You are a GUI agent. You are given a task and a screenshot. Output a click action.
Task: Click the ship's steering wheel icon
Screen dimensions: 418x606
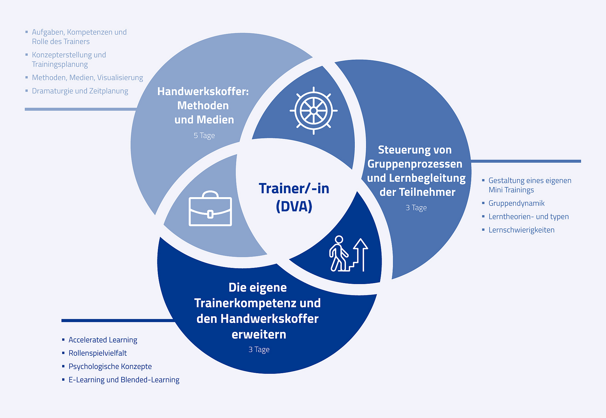pyautogui.click(x=313, y=111)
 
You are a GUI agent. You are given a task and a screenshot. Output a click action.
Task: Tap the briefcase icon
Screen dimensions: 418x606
pyautogui.click(x=210, y=209)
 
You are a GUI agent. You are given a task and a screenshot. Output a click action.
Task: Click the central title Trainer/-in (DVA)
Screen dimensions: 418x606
pyautogui.click(x=294, y=197)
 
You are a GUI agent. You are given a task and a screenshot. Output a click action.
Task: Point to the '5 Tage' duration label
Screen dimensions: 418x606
pyautogui.click(x=204, y=136)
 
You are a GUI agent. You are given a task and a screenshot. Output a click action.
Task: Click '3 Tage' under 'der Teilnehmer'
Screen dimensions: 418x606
pyautogui.click(x=416, y=208)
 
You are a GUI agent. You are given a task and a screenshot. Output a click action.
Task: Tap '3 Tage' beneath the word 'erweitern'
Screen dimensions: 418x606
pyautogui.click(x=259, y=349)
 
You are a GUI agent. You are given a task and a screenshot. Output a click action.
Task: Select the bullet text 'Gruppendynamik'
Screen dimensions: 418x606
pyautogui.click(x=516, y=203)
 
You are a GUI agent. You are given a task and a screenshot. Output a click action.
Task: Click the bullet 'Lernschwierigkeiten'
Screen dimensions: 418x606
pyautogui.click(x=521, y=230)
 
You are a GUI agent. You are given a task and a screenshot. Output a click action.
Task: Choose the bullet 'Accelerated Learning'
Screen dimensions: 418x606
pyautogui.click(x=103, y=340)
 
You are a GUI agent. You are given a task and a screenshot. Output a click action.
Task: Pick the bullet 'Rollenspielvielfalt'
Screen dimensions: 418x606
pyautogui.click(x=98, y=353)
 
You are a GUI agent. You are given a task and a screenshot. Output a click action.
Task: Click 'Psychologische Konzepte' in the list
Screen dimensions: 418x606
pyautogui.click(x=110, y=366)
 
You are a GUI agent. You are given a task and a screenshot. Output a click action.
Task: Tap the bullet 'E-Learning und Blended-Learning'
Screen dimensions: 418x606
pyautogui.click(x=124, y=379)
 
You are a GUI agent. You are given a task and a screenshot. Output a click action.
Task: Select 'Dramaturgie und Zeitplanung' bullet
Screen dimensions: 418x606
pyautogui.click(x=80, y=91)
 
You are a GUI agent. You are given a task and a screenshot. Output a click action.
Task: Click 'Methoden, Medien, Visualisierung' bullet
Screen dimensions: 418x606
pyautogui.click(x=87, y=77)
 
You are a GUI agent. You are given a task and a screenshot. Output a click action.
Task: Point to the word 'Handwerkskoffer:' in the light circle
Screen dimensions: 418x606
pyautogui.click(x=203, y=91)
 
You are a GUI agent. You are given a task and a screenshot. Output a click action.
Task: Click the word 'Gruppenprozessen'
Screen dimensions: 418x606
pyautogui.click(x=415, y=164)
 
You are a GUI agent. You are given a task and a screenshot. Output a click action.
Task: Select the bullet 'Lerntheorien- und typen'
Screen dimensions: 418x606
pyautogui.click(x=528, y=216)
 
